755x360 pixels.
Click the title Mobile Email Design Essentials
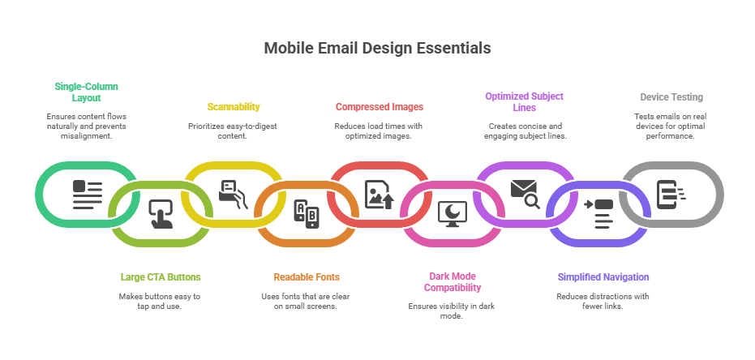[377, 49]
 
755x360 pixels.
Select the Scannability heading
[234, 106]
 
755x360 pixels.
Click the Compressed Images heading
[379, 106]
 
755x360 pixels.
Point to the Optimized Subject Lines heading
[524, 101]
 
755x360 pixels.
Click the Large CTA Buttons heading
[160, 276]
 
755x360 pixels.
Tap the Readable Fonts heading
[306, 276]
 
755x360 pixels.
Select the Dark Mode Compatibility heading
[453, 281]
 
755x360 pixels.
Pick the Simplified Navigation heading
[603, 276]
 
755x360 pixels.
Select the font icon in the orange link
[306, 213]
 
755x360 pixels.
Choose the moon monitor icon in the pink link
[452, 213]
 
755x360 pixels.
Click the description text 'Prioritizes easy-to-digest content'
[234, 131]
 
